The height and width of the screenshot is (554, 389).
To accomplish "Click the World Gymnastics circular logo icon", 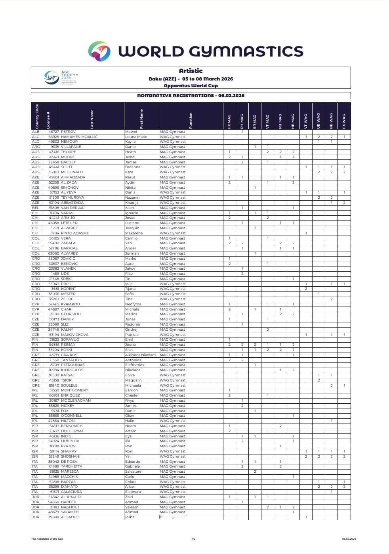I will coord(99,51).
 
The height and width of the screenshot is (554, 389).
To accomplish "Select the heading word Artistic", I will coord(191,71).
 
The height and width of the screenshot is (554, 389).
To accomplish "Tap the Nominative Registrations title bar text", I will coord(191,96).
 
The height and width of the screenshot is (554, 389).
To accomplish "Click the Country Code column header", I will coord(37,116).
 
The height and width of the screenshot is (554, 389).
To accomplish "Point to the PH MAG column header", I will coord(242,121).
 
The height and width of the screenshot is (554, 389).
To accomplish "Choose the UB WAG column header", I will coord(318,121).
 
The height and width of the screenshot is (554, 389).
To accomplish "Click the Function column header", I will coord(191,120).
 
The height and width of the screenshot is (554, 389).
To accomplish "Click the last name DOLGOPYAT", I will coord(72,431).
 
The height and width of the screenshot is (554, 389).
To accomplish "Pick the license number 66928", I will coord(54,137).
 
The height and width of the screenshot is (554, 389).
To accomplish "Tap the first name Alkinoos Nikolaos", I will coord(141,355).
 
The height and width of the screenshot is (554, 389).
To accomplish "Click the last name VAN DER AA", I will coord(72,208).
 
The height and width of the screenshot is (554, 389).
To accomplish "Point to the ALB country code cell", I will coord(36,132).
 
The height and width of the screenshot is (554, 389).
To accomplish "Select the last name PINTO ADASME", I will coord(75,233).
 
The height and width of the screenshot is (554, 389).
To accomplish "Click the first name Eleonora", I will coord(133,492).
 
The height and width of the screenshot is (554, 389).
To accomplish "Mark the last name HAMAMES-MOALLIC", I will coord(79,137).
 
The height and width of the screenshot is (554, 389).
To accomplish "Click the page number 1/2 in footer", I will coord(194,539).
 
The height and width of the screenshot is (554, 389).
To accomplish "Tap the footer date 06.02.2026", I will coord(349,539).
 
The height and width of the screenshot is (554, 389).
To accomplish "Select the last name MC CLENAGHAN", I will coord(76,401).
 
